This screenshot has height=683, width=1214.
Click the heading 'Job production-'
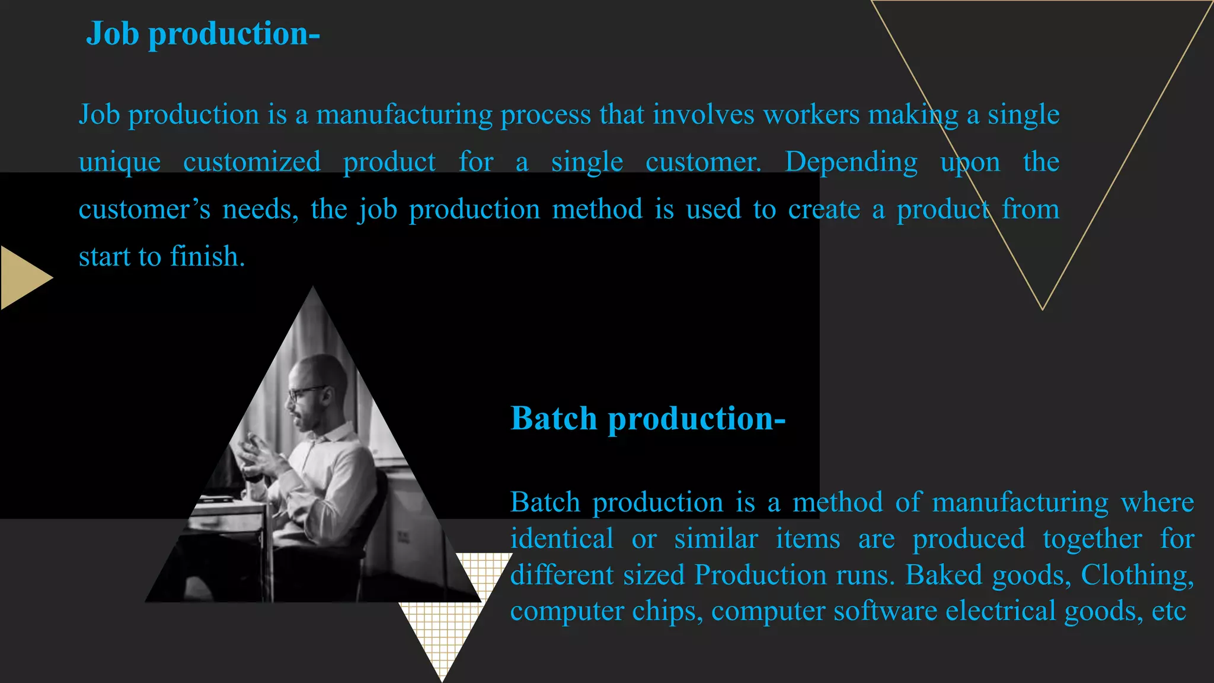pos(203,34)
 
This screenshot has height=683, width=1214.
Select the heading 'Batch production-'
pos(648,419)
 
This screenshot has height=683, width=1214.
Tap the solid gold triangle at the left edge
pos(24,277)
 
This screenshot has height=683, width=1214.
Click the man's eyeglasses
pos(305,392)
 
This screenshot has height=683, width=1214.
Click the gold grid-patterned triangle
pos(451,617)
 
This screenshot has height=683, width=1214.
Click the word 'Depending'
pos(851,162)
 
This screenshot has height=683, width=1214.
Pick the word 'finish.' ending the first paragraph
pos(207,257)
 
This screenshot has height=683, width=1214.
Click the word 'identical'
pos(561,539)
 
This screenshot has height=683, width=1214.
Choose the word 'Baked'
pos(944,575)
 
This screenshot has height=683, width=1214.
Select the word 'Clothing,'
pos(1137,575)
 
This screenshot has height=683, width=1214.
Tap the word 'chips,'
pos(667,611)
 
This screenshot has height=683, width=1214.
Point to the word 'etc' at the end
pos(1168,611)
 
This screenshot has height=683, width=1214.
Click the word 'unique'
pos(120,162)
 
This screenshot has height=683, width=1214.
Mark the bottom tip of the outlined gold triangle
pos(1042,308)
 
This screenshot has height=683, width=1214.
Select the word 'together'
pos(1092,539)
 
